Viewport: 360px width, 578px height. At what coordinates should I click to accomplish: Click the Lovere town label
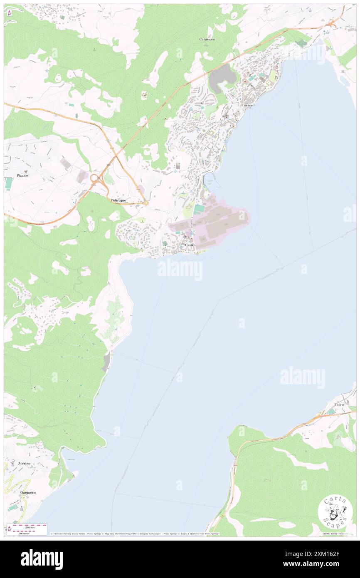(x=247, y=105)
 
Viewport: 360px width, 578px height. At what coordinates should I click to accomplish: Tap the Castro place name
(x=190, y=245)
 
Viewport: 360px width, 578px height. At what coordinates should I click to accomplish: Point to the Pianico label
(x=22, y=175)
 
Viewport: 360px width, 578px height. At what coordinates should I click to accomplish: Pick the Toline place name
(x=340, y=405)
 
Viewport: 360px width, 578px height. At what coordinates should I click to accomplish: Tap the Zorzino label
(x=25, y=463)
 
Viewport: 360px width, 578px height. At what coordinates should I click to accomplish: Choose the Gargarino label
(x=28, y=492)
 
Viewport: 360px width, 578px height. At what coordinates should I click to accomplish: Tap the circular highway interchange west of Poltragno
(x=97, y=180)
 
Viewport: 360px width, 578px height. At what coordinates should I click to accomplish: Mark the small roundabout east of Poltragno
(x=146, y=203)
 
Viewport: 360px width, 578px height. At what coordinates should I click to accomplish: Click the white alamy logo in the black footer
(x=42, y=559)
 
